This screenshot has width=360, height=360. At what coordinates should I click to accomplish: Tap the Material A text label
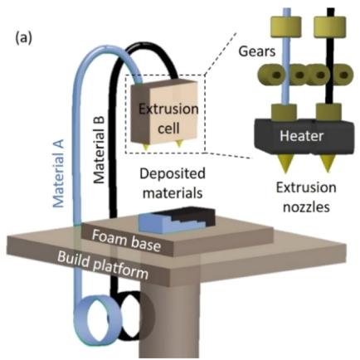[x=59, y=173]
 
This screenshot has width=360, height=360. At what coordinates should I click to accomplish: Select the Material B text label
[x=99, y=150]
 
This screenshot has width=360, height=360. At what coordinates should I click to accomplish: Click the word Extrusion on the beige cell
[x=168, y=109]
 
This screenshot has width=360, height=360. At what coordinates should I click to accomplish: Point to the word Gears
[x=257, y=51]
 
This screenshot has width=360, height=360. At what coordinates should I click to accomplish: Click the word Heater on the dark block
[x=301, y=136]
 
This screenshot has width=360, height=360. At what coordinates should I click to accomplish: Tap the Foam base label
[x=126, y=241]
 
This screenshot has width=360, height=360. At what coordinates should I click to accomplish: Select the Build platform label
[x=103, y=265]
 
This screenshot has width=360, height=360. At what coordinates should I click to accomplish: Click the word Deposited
[x=173, y=174]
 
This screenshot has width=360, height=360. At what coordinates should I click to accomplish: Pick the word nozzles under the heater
[x=306, y=207]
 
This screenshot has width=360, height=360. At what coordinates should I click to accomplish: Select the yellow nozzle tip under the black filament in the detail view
[x=328, y=164]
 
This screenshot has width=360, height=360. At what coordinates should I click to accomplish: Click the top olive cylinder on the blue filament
[x=286, y=25]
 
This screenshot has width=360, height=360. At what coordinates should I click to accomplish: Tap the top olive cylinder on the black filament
[x=330, y=25]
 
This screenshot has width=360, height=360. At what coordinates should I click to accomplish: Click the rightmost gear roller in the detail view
[x=343, y=75]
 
